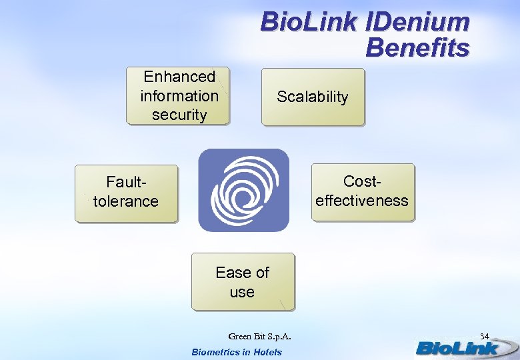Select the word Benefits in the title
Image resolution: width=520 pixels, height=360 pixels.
(417, 48)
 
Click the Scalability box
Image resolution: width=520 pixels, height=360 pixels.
(313, 97)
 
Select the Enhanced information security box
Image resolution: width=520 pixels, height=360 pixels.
(178, 96)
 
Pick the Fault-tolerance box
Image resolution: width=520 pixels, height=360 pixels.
(126, 193)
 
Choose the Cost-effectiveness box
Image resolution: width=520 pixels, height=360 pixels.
(362, 192)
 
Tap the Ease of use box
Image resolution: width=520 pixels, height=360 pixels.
(243, 281)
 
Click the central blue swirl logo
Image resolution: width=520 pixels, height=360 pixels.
(244, 190)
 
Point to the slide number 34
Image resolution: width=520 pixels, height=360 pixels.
(485, 335)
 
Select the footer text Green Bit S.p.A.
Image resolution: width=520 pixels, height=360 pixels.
(260, 336)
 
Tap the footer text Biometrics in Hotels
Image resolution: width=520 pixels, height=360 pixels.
(237, 352)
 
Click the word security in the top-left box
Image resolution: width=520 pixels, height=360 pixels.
(179, 115)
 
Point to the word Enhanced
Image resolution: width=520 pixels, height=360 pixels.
(179, 77)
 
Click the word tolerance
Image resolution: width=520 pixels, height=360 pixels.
(126, 201)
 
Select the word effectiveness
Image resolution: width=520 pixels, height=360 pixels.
(362, 201)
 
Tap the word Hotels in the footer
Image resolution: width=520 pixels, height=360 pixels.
(266, 352)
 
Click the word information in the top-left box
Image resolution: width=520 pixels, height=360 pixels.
(179, 96)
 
